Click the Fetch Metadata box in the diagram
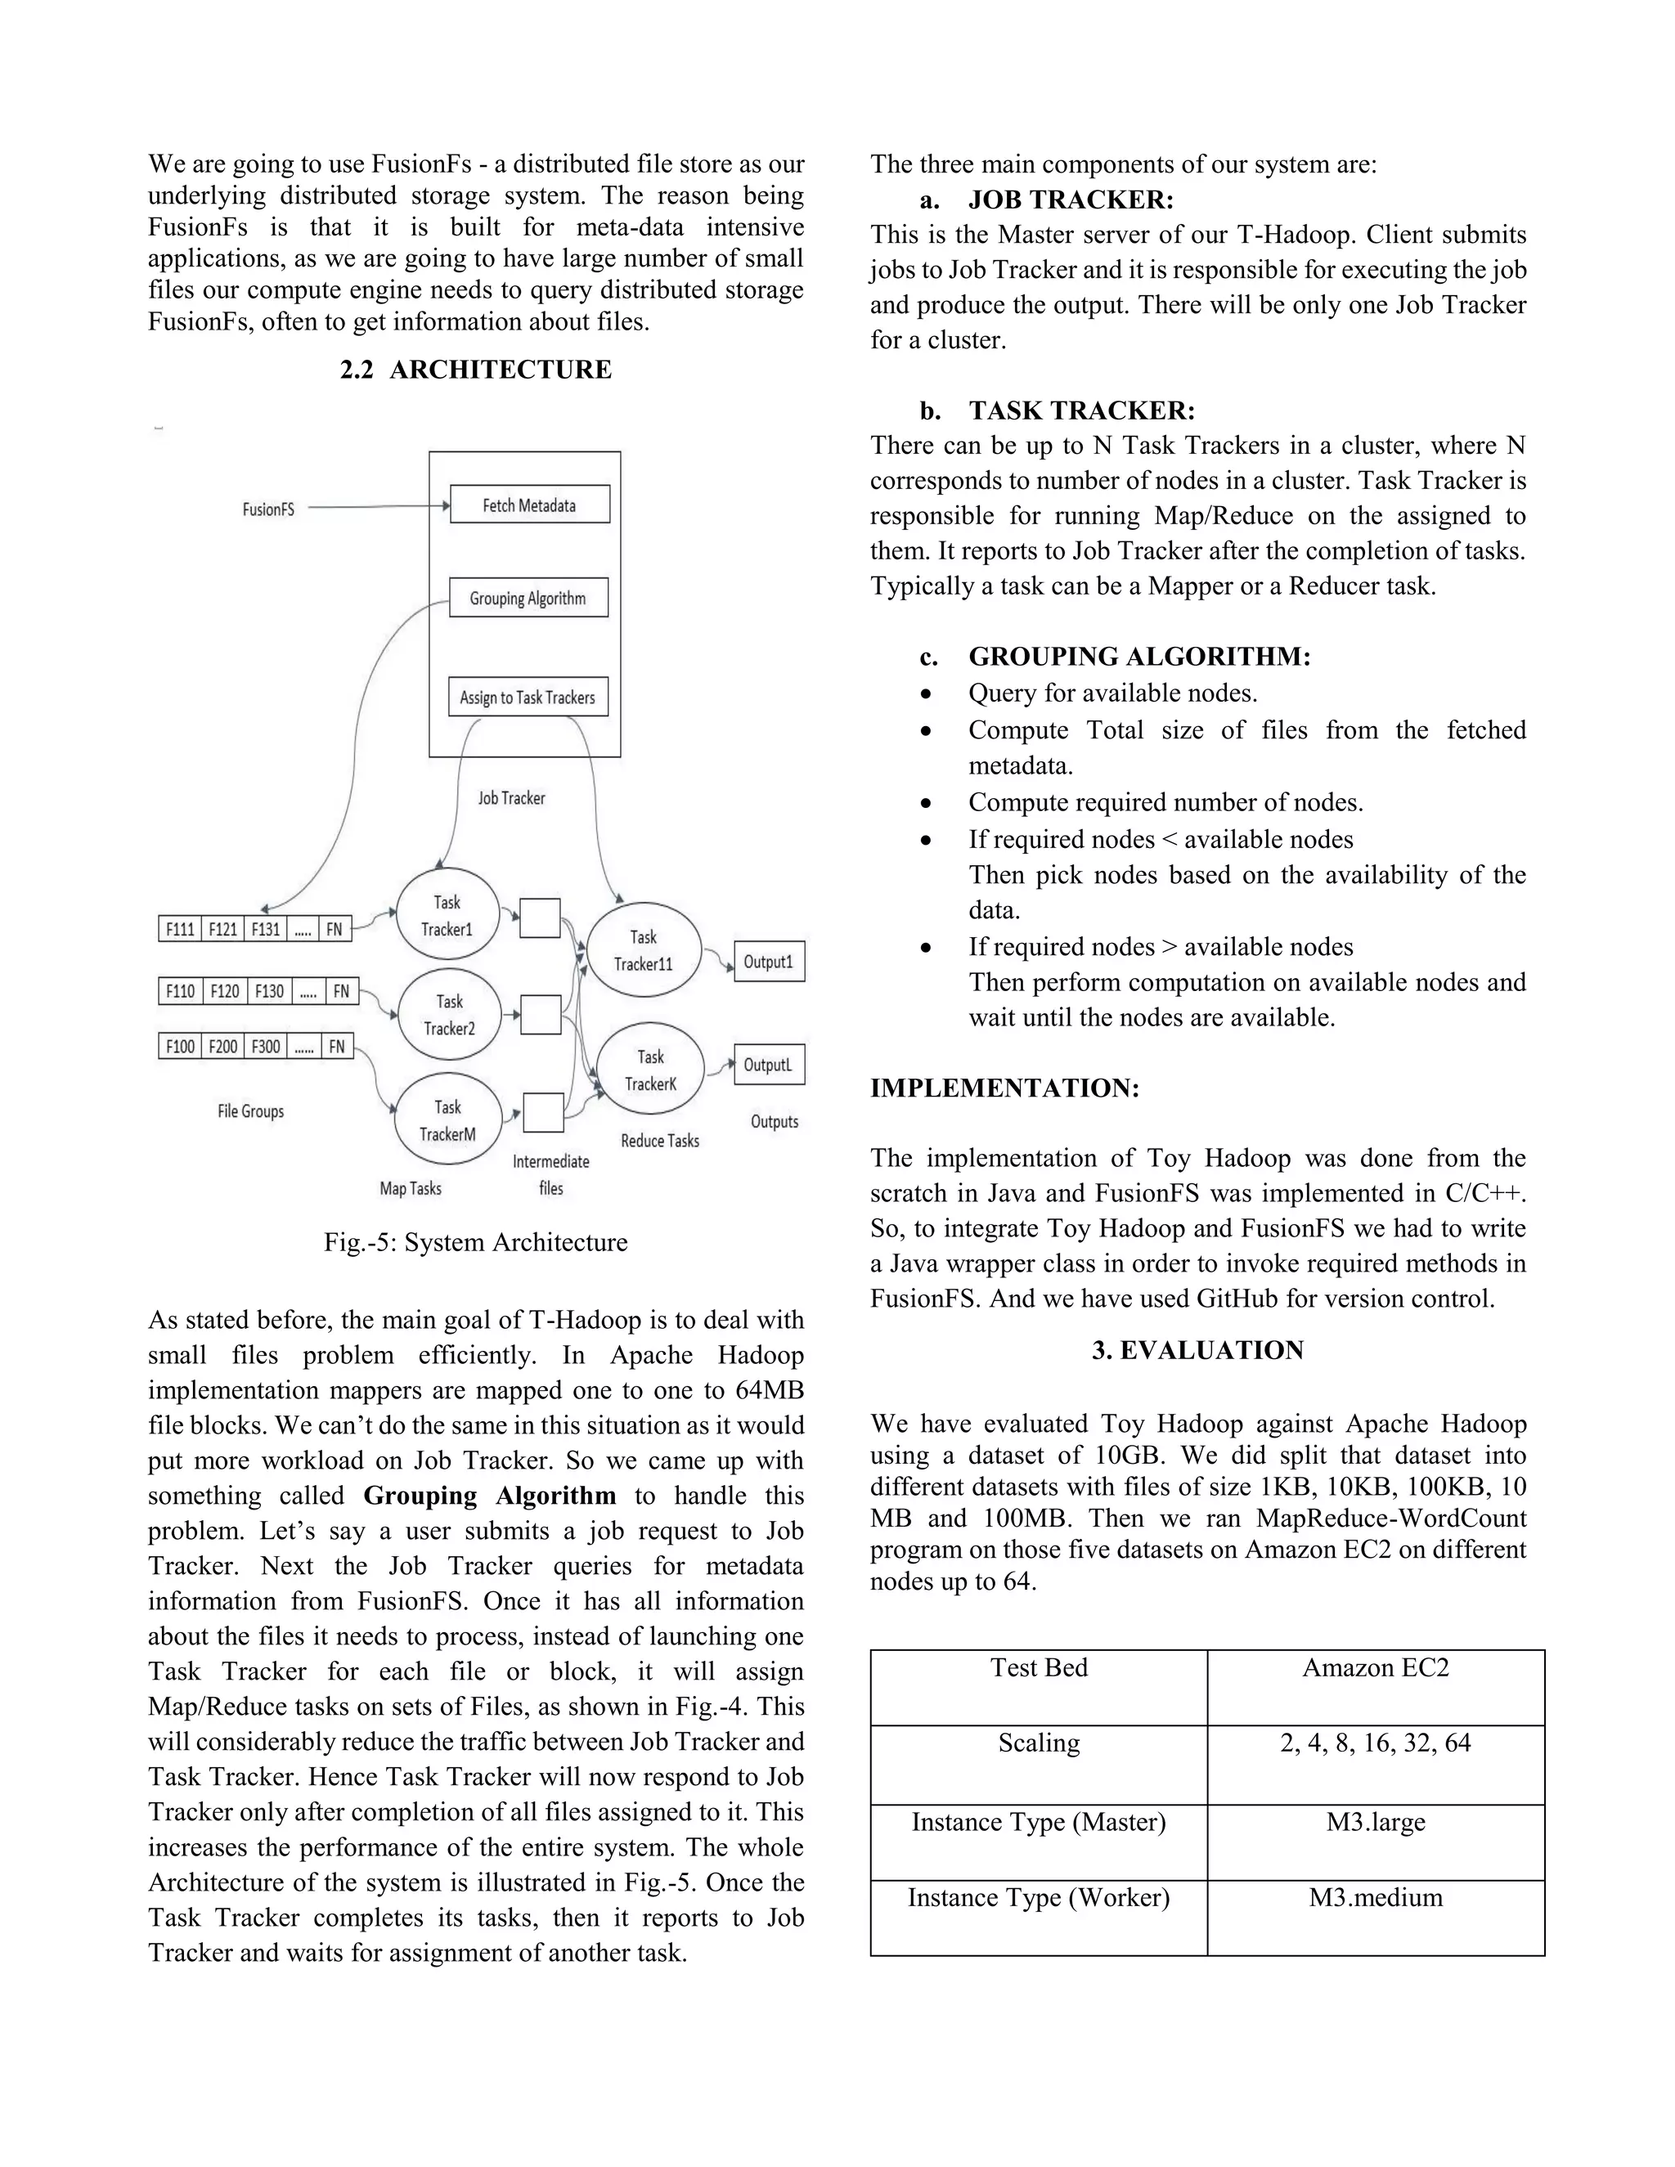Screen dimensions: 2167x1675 click(x=529, y=505)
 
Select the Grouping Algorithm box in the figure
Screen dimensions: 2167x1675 click(x=528, y=599)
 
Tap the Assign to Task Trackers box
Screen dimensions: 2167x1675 click(x=527, y=698)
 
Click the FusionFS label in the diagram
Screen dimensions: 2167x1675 click(x=269, y=509)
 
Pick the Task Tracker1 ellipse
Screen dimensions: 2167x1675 click(x=447, y=915)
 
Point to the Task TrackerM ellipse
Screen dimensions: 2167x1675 click(x=447, y=1120)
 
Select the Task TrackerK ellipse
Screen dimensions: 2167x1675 click(x=651, y=1070)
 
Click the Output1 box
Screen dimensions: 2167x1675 click(x=769, y=962)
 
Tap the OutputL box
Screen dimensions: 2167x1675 click(x=769, y=1065)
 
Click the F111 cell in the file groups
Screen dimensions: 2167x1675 click(x=180, y=930)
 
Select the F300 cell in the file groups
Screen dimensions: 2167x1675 click(x=265, y=1047)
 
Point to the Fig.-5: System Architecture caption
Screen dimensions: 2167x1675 click(x=475, y=1242)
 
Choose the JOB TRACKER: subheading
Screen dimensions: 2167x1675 click(x=1071, y=200)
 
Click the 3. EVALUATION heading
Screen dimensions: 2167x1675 click(x=1197, y=1349)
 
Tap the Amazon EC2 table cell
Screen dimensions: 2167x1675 click(x=1376, y=1668)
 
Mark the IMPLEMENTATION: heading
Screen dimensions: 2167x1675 click(x=1004, y=1088)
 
